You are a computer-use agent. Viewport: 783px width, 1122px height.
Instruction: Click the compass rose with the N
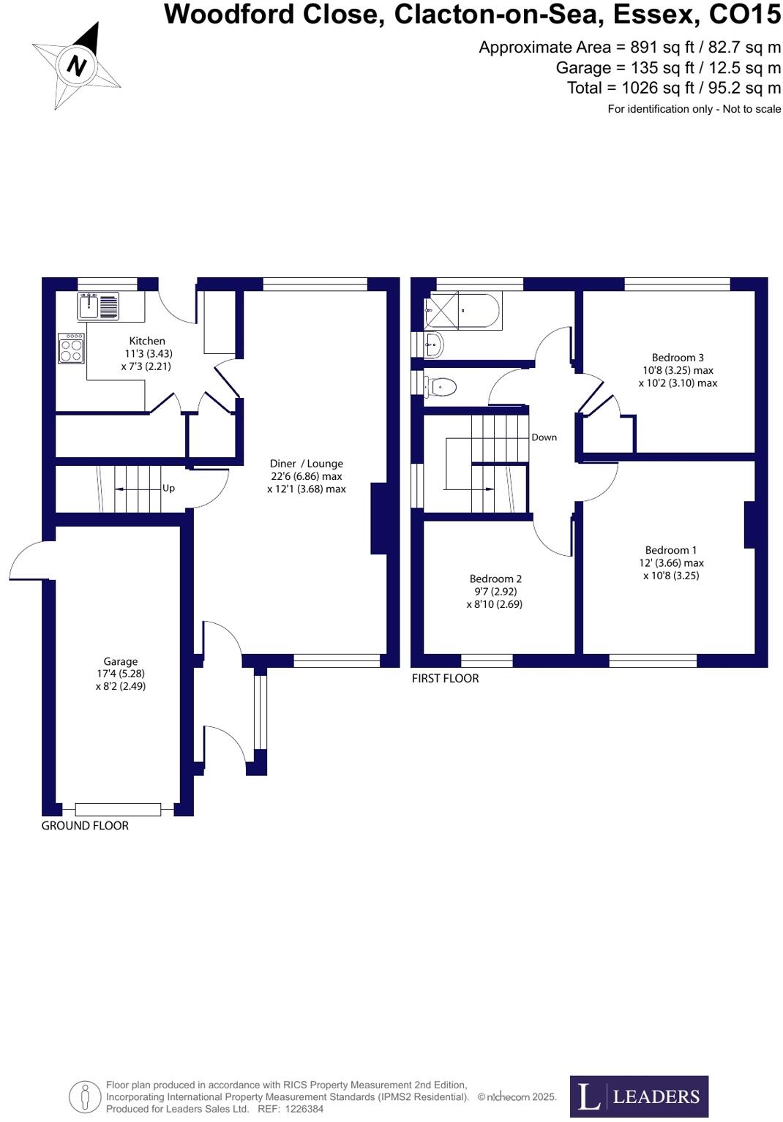[76, 67]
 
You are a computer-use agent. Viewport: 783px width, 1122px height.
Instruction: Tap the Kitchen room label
[147, 341]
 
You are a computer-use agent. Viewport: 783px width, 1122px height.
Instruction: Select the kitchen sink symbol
[98, 306]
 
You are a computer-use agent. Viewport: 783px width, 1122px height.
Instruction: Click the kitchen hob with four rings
[72, 348]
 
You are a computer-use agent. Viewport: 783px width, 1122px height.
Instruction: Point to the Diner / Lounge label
[306, 464]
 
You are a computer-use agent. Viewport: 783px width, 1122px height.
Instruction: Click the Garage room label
[121, 661]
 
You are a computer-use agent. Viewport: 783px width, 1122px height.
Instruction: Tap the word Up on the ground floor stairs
[168, 489]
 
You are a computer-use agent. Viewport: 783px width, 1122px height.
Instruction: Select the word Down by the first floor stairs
[544, 437]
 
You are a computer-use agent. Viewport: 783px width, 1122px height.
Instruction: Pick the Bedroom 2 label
[495, 579]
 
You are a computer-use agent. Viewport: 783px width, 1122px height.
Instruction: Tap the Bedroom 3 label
[678, 358]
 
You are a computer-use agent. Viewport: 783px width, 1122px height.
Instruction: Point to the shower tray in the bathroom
[443, 310]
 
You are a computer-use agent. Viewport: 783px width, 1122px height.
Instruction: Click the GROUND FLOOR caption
[85, 826]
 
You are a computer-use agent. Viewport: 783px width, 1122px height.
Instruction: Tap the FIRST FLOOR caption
[445, 679]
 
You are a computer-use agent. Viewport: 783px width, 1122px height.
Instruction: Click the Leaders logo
[639, 1096]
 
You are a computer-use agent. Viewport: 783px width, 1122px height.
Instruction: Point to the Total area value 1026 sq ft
[657, 88]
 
